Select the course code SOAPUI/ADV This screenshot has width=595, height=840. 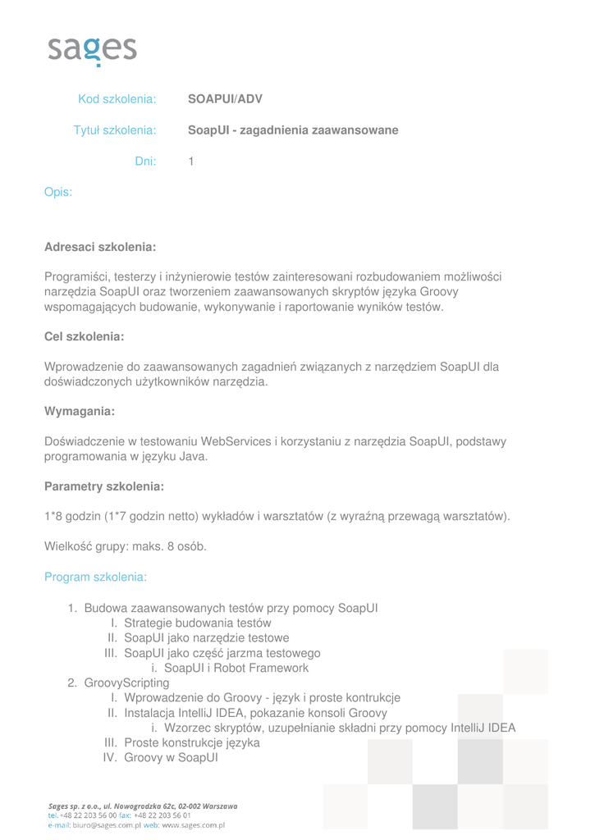point(225,99)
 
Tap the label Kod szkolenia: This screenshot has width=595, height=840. point(117,99)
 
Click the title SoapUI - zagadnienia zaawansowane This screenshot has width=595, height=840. point(293,130)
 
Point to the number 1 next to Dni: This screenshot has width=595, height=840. point(191,162)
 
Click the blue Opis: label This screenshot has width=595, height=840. point(58,193)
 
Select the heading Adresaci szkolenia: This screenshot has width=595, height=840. point(100,247)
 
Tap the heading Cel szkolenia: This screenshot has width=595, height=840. point(85,337)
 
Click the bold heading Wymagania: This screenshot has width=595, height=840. point(80,411)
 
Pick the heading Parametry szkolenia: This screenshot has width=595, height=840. point(104,486)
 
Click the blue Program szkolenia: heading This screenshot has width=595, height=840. point(96,577)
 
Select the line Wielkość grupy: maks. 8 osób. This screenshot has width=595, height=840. point(126,546)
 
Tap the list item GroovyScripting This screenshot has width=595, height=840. point(126,682)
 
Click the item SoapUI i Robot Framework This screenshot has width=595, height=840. point(236,668)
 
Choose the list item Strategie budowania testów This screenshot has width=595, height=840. point(197,623)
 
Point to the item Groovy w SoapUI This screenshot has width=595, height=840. point(171,757)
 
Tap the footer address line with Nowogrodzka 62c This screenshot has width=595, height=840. point(143,806)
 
